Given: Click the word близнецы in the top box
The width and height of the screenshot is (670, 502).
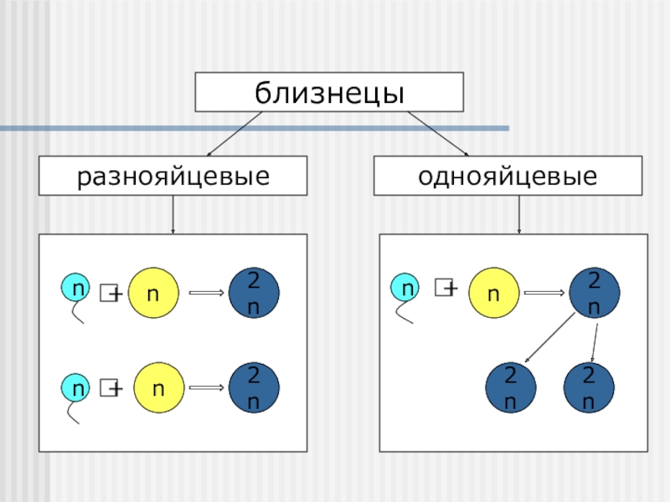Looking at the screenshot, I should coord(329,92).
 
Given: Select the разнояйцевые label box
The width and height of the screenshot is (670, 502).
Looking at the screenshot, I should coord(173,177).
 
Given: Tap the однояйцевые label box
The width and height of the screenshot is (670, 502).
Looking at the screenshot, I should coord(508,177).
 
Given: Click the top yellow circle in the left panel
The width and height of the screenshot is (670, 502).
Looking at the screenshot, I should coord(155,293).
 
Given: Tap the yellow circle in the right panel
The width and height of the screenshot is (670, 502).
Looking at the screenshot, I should coord(494,293).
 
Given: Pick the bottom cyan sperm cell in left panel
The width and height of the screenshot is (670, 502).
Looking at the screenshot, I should coord(77,388).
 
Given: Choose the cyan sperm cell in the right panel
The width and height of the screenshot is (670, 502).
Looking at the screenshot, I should coord(408,289).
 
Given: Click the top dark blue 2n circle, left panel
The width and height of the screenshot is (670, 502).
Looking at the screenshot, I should coord(254,293).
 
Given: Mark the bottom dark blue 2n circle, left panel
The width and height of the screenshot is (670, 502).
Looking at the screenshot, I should coord(254,387).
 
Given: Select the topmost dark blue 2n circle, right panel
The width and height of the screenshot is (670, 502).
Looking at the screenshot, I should coord(594,293).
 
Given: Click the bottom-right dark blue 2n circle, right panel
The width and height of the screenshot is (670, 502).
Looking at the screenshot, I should coord(589,388).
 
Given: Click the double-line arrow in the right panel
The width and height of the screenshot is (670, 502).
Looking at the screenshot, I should coord(544,293).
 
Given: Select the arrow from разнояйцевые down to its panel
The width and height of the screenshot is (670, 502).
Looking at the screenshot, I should coord(173,215).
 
